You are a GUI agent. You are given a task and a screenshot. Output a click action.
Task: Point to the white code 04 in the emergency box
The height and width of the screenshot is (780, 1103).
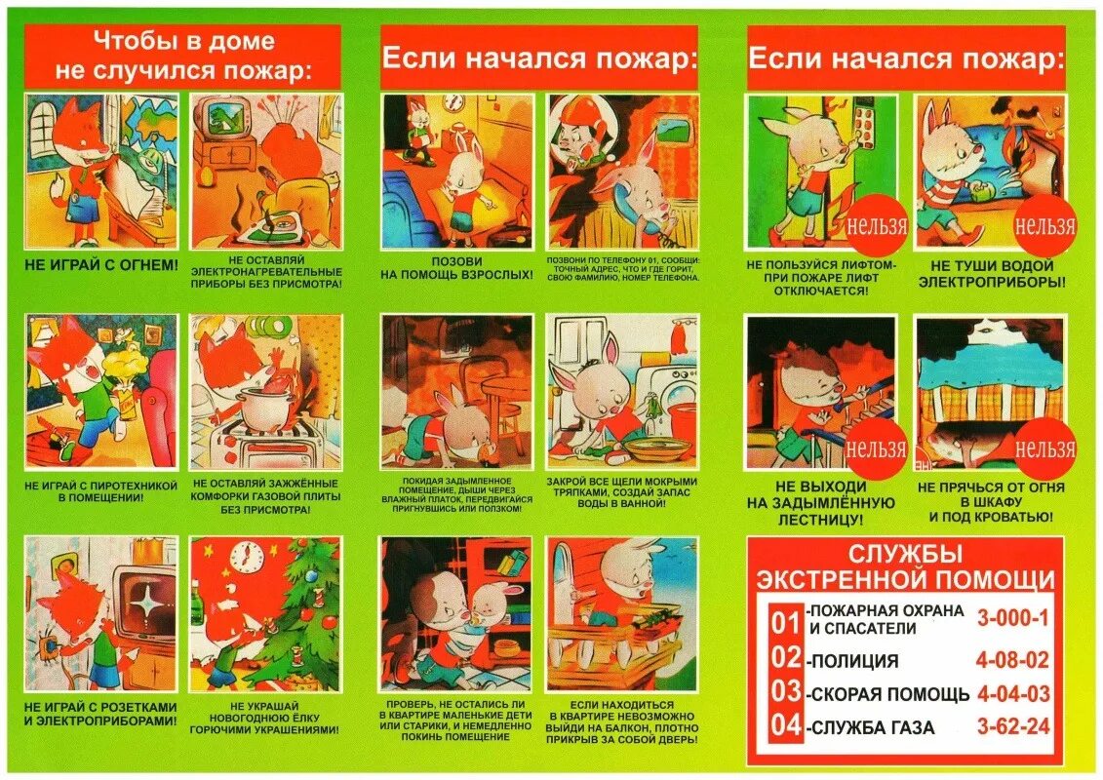pyautogui.click(x=785, y=727)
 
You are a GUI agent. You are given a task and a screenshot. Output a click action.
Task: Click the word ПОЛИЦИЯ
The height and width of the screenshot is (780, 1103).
pyautogui.click(x=853, y=661)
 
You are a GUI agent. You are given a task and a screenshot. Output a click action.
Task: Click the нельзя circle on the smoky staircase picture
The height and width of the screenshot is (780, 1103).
pyautogui.click(x=875, y=448)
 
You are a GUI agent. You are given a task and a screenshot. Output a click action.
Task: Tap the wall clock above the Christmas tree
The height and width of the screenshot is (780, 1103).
pyautogui.click(x=247, y=557)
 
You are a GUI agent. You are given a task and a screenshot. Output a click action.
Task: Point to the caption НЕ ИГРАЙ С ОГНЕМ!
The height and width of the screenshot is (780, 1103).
pyautogui.click(x=100, y=264)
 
